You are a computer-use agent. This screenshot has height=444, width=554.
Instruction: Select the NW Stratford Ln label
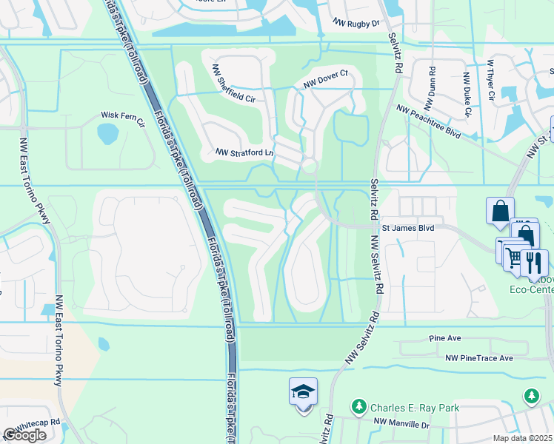(x=244, y=152)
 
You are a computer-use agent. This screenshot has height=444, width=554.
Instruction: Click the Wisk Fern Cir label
(x=123, y=116)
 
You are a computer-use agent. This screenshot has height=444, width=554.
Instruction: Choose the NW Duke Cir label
(x=467, y=95)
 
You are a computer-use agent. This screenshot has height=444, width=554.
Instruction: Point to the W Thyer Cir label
(x=490, y=80)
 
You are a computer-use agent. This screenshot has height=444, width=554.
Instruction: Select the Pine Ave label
(x=444, y=338)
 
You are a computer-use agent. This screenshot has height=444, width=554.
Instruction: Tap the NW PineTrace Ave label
(x=479, y=358)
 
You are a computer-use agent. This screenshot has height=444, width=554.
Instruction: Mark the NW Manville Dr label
(x=401, y=424)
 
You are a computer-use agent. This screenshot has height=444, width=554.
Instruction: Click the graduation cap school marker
(x=303, y=392)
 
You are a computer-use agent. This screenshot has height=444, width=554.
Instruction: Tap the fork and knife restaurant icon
(x=533, y=261)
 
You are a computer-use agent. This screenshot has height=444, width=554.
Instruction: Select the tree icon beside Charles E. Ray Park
(x=358, y=407)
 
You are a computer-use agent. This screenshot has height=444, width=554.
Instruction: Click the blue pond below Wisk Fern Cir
(x=107, y=134)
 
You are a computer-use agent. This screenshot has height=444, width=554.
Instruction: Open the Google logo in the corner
(x=24, y=435)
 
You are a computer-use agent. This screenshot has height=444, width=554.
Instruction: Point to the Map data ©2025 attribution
(x=523, y=438)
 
